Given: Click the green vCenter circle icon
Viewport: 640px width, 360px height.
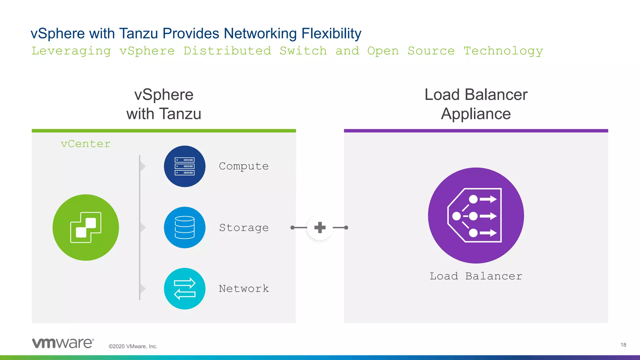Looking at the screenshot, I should (86, 227).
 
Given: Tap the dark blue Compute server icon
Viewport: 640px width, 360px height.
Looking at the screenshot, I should (185, 166).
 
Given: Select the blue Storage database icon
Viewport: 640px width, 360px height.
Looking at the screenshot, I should (185, 227).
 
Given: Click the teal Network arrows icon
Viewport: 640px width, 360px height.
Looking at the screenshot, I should (185, 288).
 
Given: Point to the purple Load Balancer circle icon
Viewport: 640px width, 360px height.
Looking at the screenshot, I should (476, 216).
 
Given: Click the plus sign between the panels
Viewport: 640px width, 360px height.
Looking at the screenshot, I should (320, 227).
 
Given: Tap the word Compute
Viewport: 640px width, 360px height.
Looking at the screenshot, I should (244, 166).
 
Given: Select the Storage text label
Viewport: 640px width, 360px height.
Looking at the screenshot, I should (244, 228).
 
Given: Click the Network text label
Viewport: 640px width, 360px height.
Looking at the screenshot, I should (244, 289).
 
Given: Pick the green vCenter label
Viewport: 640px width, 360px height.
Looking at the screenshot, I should (86, 144).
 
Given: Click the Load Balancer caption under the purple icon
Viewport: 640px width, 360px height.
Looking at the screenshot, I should (476, 276).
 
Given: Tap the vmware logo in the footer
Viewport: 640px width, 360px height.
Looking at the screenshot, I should (63, 343).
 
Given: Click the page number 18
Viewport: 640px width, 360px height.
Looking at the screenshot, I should (623, 345).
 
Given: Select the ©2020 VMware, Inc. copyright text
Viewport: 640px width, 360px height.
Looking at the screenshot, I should (133, 346).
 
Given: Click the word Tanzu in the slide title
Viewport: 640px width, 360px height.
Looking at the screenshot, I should (138, 34).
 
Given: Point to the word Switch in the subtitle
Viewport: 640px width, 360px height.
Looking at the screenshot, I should (303, 51).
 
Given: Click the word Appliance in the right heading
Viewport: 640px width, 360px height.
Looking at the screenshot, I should (476, 114).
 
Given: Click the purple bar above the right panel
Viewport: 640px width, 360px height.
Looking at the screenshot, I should (476, 131).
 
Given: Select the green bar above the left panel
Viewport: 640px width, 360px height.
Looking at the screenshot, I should (164, 131).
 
